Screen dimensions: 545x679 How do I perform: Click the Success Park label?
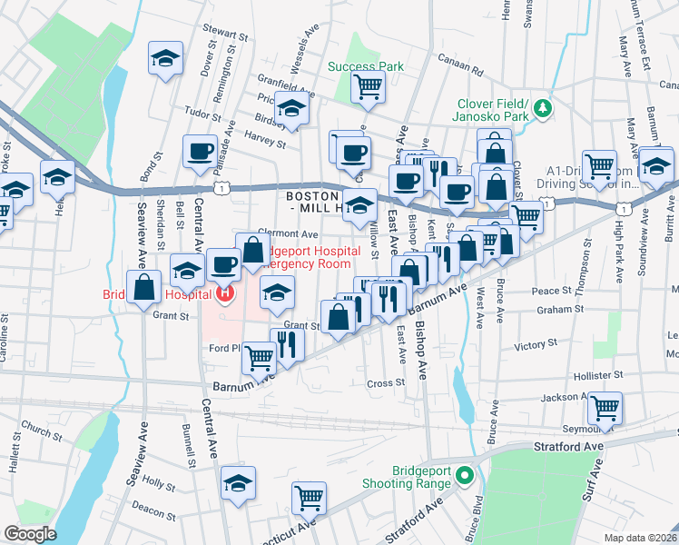[x=365, y=66]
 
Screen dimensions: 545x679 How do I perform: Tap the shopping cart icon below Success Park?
[x=369, y=87]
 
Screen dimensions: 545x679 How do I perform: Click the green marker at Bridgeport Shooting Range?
[x=464, y=475]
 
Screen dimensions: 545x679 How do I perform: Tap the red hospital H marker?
[x=224, y=292]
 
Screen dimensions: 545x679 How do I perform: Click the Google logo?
[x=30, y=534]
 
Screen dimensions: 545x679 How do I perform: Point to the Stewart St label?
[x=225, y=35]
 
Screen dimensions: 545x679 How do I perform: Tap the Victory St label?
[x=535, y=345]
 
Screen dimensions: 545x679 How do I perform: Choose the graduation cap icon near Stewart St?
[x=164, y=59]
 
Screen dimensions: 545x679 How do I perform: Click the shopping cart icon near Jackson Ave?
[x=604, y=408]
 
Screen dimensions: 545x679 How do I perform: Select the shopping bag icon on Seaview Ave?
[x=144, y=288]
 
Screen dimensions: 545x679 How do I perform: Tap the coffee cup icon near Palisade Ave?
[x=200, y=152]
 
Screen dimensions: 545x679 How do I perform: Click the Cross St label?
[x=385, y=383]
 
